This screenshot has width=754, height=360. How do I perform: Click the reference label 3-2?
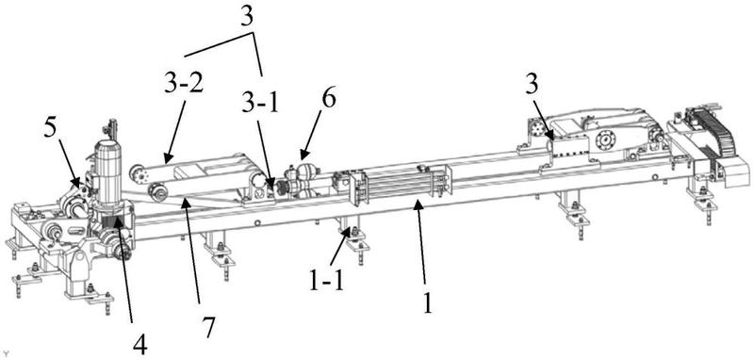click(184, 85)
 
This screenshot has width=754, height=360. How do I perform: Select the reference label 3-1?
click(260, 105)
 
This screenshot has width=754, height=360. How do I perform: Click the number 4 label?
click(139, 345)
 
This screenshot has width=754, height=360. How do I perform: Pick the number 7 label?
click(208, 326)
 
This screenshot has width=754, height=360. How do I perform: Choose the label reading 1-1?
click(326, 282)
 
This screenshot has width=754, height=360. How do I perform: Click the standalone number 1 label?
click(428, 303)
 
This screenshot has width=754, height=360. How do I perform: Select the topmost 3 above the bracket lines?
click(246, 18)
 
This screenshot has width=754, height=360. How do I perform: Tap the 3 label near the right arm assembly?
click(532, 87)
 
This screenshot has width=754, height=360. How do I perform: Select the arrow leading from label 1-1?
click(346, 250)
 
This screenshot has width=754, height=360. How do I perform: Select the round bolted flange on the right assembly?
click(605, 141)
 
